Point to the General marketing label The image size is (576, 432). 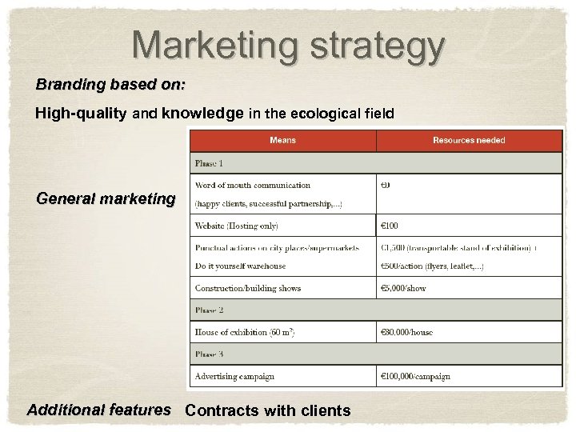106,198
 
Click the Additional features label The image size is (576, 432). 99,410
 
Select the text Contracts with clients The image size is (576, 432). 267,410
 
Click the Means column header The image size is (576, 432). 282,140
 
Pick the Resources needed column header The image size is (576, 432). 469,140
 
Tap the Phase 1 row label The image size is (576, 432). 210,163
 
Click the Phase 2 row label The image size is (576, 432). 210,310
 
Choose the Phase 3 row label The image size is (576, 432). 210,354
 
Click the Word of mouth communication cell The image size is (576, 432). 253,186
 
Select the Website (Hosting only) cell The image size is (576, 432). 237,226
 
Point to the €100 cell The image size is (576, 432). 390,226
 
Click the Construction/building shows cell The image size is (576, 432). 248,288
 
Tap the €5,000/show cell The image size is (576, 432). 404,288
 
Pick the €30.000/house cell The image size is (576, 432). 407,332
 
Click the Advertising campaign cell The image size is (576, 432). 234,376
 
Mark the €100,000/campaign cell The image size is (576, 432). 416,376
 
